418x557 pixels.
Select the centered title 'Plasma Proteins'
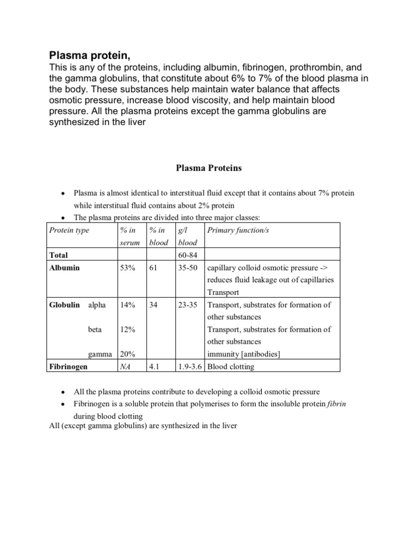(208, 168)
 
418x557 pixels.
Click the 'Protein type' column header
(69, 230)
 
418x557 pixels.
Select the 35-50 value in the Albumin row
(188, 268)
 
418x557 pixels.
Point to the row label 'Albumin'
(64, 268)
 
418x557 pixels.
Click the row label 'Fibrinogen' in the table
(69, 367)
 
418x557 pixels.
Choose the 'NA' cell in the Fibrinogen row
(126, 367)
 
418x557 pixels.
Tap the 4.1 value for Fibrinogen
(154, 367)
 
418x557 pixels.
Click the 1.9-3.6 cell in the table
(190, 367)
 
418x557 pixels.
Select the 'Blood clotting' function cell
(231, 367)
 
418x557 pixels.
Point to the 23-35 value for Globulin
(188, 305)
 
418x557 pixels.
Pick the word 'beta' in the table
(95, 330)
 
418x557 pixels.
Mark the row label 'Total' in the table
(59, 255)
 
